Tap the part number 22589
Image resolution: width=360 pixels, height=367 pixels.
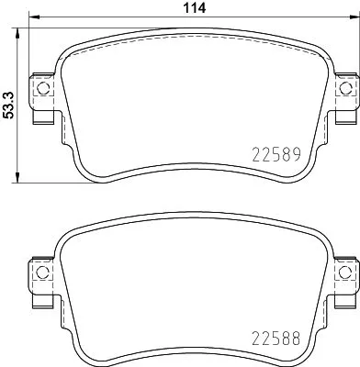pos(276,156)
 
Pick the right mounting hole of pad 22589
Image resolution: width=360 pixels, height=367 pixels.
pos(344,89)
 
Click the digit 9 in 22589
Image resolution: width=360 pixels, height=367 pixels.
pos(297,156)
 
